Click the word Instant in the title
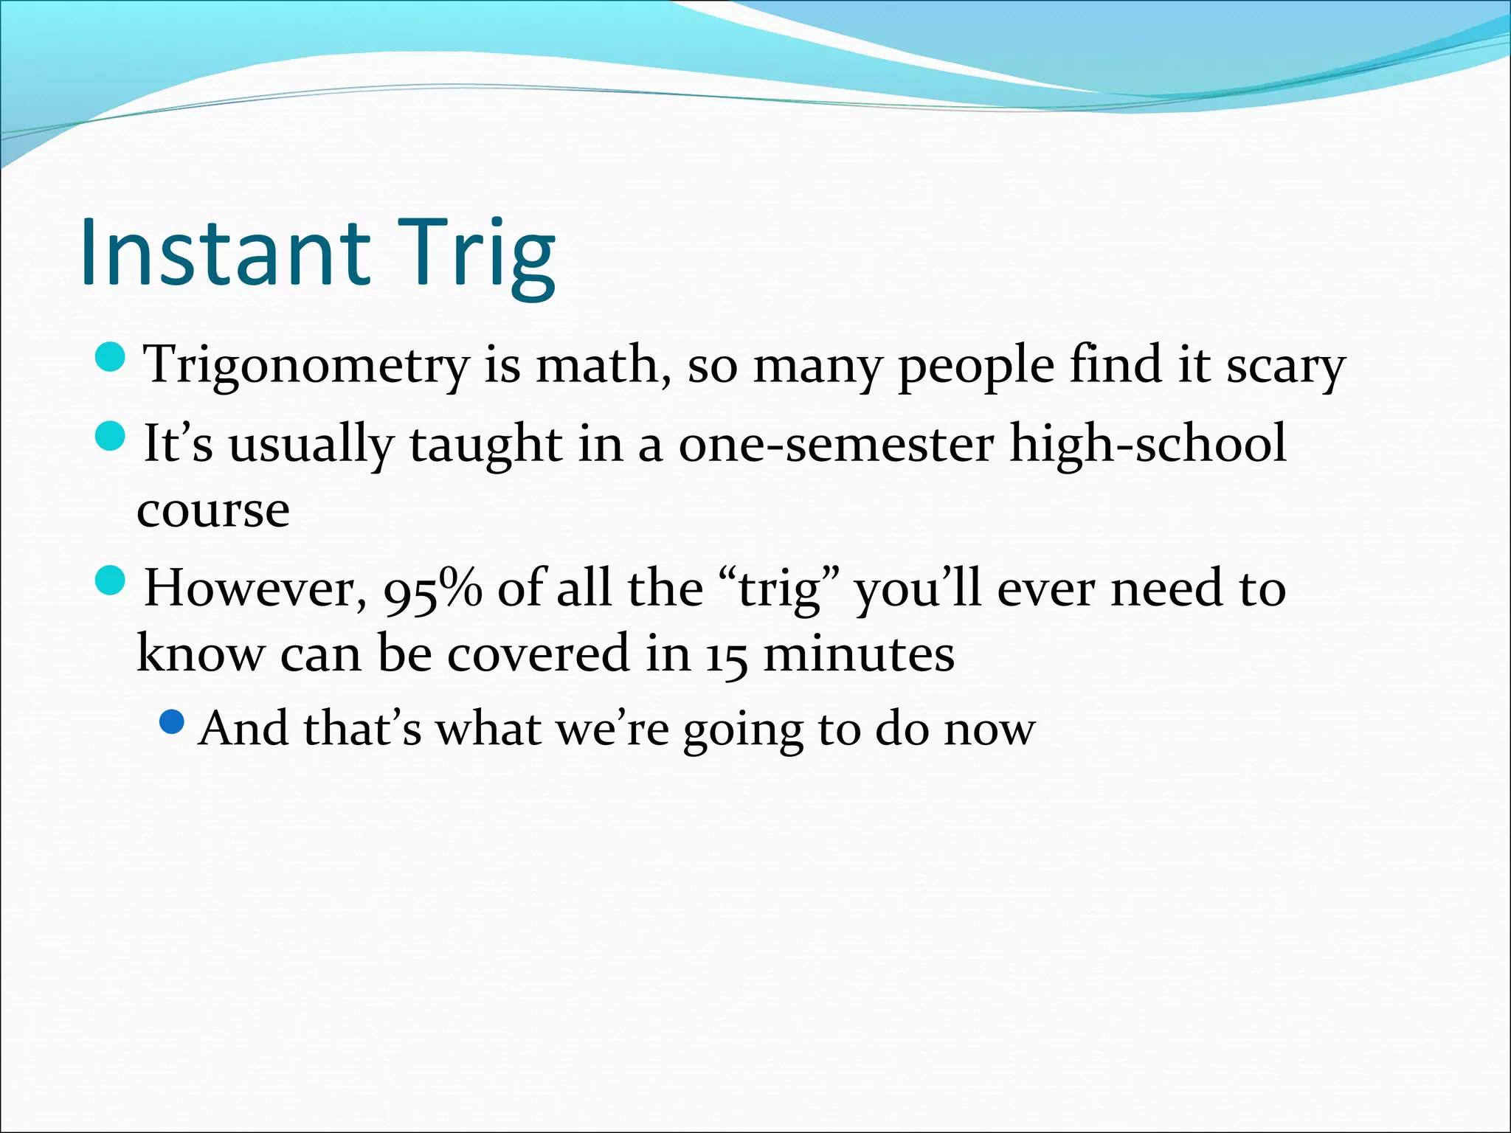coord(224,252)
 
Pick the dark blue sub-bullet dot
coord(171,722)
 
